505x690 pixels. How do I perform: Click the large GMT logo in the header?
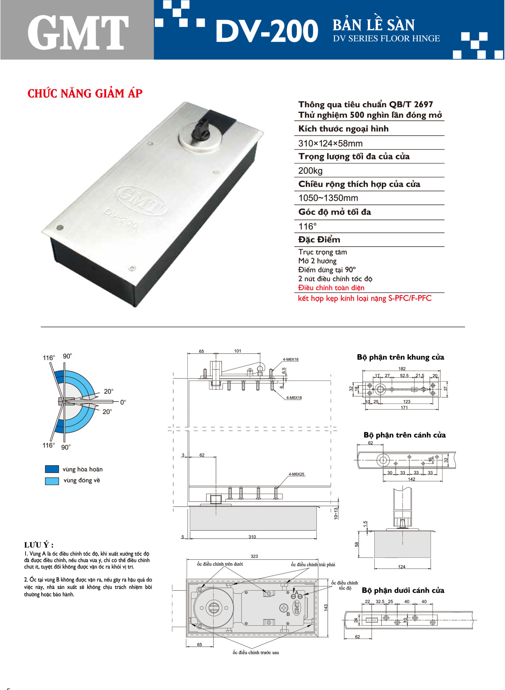[x=78, y=33]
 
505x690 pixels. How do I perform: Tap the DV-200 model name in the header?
[x=267, y=31]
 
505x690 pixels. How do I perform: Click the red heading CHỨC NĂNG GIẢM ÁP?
[x=85, y=94]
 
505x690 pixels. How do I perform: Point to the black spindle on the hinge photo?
[x=199, y=130]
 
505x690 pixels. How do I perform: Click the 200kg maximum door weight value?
[x=310, y=170]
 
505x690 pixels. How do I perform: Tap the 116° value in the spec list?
[x=307, y=226]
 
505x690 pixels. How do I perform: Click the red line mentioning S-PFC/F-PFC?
[x=364, y=298]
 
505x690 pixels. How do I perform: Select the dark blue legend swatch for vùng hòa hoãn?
[x=52, y=469]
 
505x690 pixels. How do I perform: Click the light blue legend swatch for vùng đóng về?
[x=52, y=481]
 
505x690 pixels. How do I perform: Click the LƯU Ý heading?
[x=39, y=545]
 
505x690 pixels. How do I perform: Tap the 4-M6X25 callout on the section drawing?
[x=296, y=474]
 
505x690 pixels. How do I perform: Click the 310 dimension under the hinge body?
[x=252, y=537]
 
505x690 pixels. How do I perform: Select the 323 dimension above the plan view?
[x=254, y=556]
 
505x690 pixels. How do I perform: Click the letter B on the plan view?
[x=288, y=614]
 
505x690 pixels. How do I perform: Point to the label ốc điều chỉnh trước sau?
[x=255, y=653]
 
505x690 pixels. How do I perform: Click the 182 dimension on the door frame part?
[x=402, y=369]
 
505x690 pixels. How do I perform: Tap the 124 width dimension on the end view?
[x=401, y=567]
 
